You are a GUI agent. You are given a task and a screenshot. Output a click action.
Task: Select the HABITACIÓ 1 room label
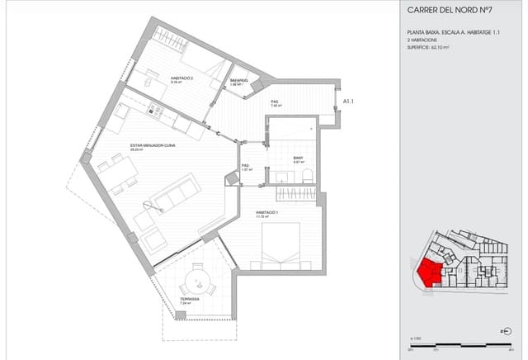point(266,212)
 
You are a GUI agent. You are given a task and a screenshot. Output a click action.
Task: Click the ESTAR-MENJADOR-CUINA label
point(152,145)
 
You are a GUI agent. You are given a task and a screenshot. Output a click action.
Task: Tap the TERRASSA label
point(190,299)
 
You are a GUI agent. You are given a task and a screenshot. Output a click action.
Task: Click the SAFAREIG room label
point(239,81)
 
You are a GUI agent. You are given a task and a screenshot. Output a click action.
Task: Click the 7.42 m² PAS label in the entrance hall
point(276,105)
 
